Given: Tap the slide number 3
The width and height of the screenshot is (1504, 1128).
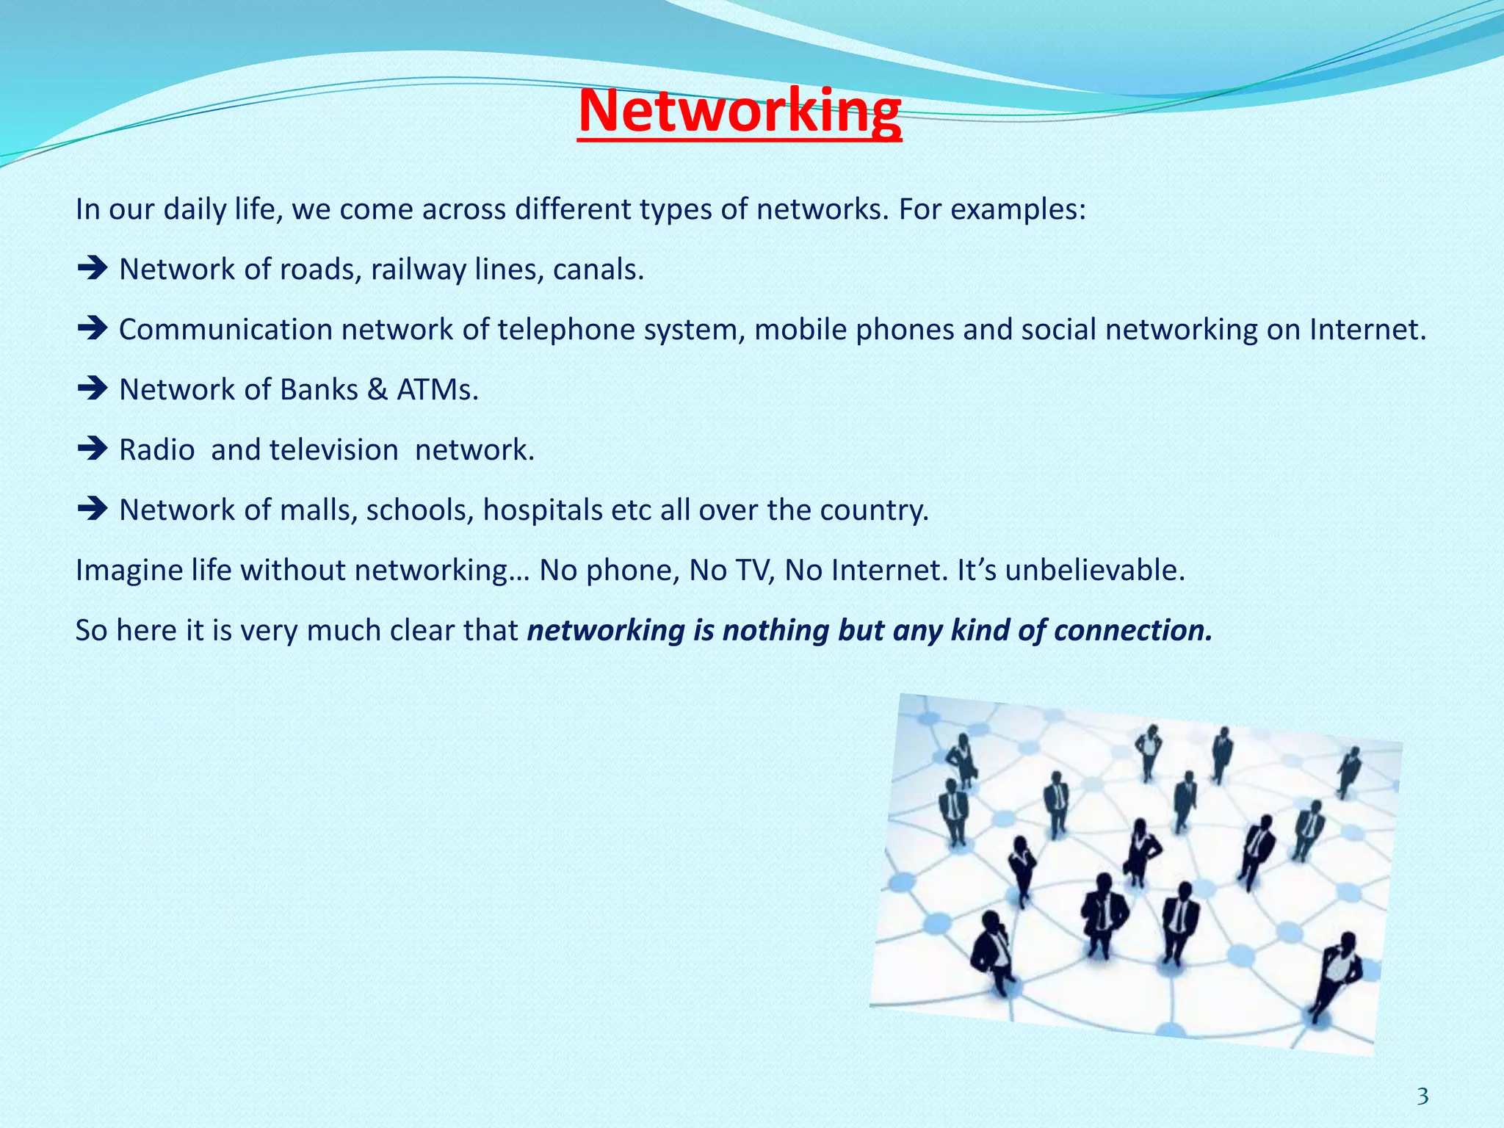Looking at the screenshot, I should (x=1422, y=1096).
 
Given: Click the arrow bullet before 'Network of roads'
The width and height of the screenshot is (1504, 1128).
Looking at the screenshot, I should (x=92, y=269).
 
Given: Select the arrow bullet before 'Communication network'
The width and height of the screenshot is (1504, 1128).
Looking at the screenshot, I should (x=92, y=328).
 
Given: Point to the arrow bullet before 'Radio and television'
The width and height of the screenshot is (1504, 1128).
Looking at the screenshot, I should (x=92, y=449).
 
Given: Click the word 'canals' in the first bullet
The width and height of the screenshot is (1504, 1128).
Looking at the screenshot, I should (x=595, y=270).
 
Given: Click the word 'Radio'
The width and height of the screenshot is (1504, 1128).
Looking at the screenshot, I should (x=157, y=449).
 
